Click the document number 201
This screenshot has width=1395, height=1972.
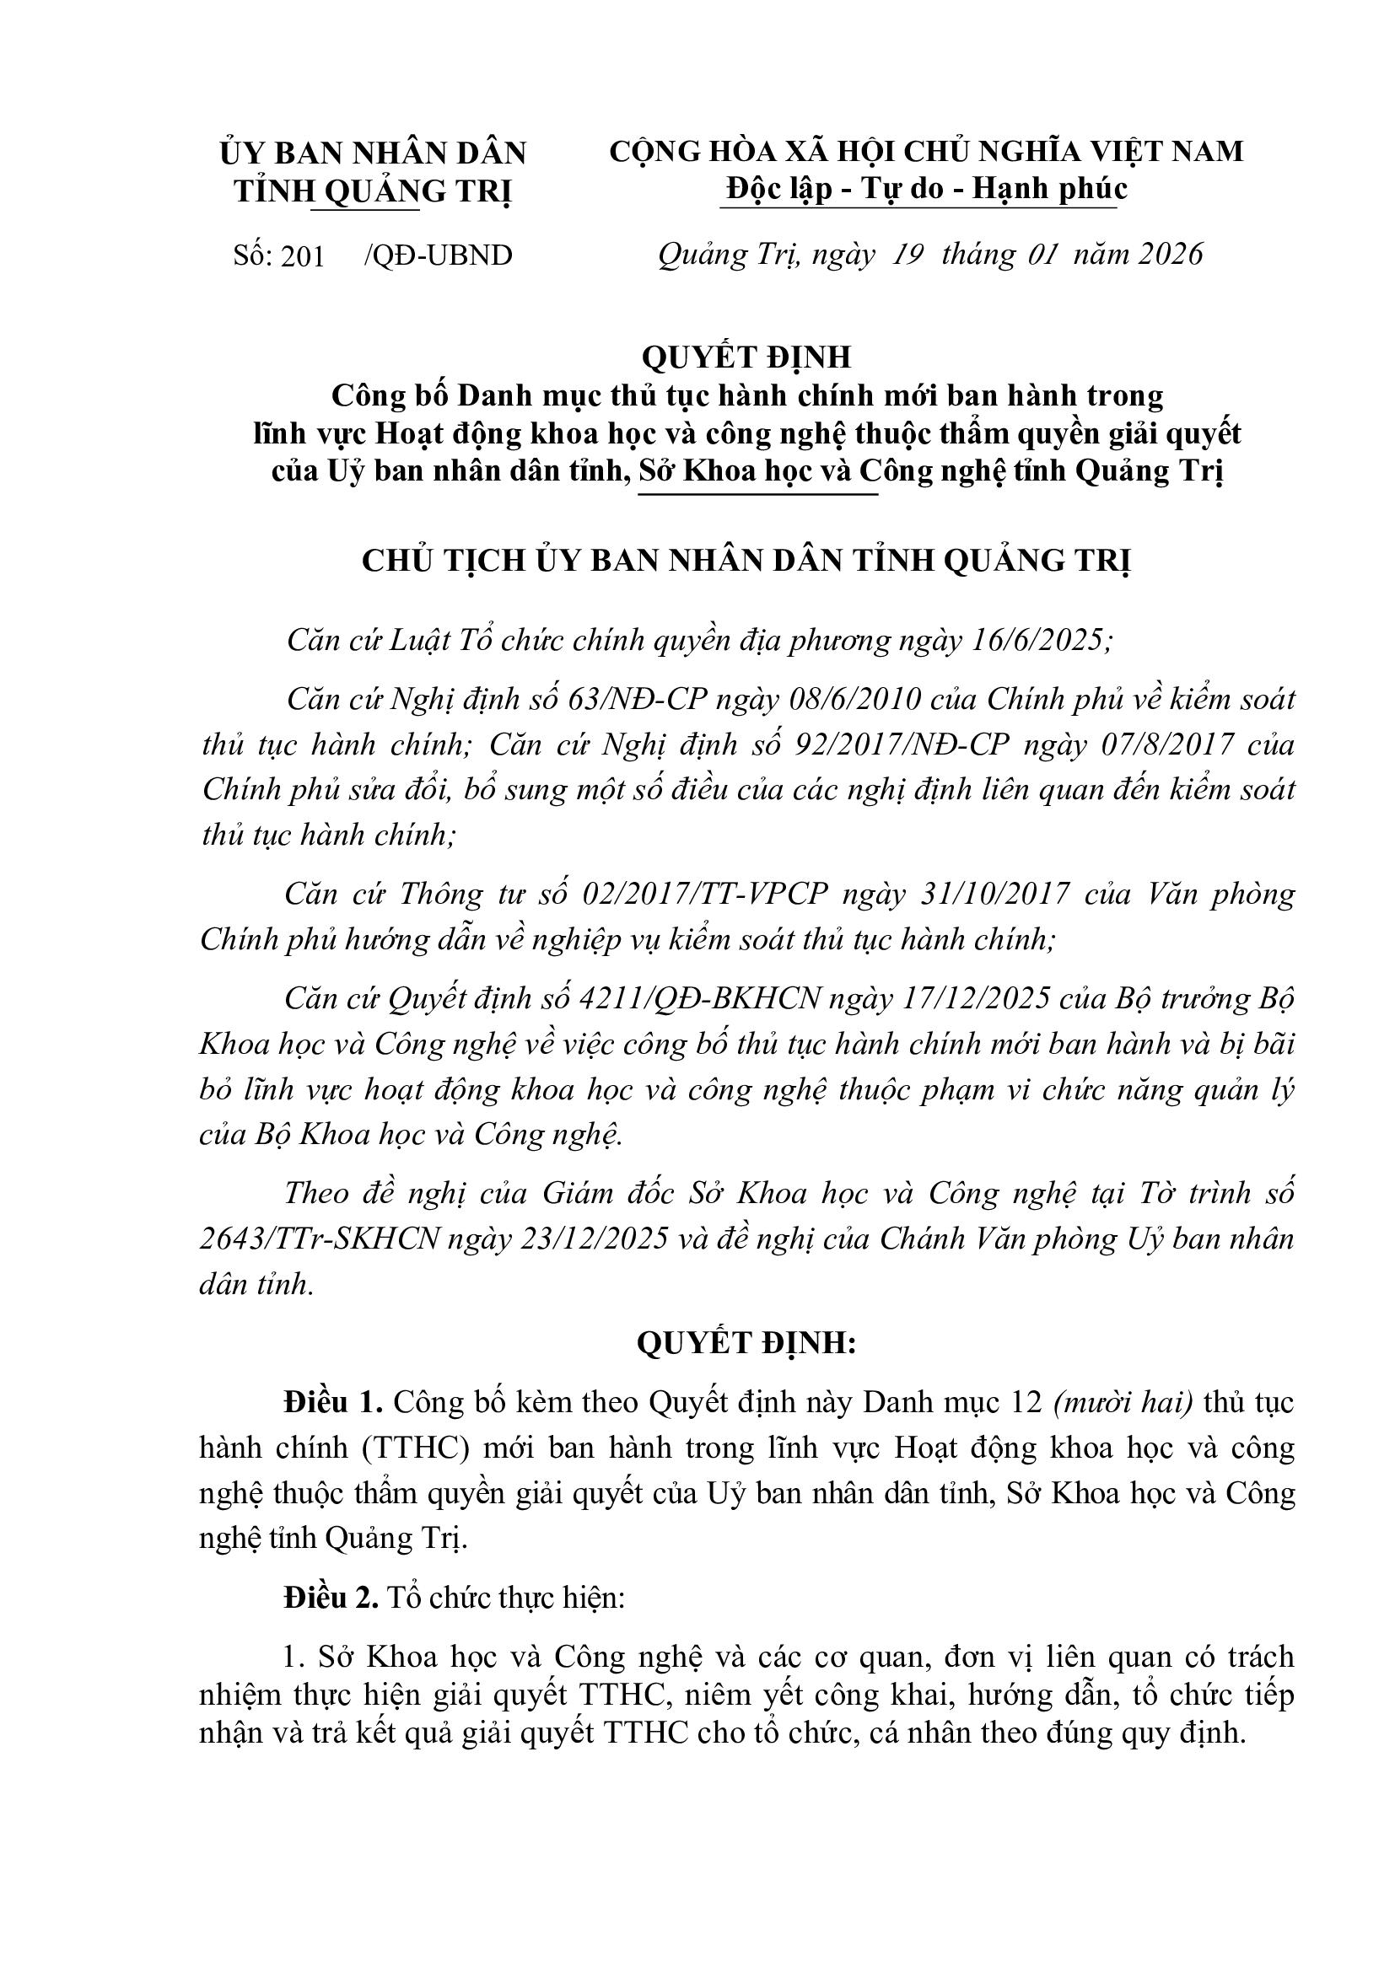303,256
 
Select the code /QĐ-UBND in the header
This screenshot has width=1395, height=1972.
438,256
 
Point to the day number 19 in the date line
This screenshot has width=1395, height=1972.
908,255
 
